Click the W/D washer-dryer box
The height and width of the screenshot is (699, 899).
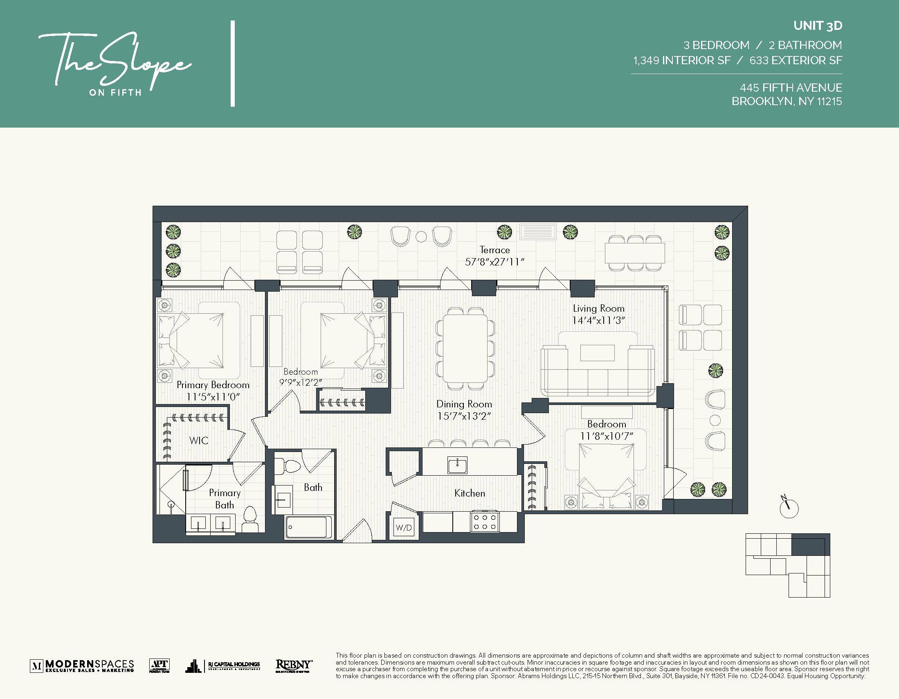[x=403, y=527]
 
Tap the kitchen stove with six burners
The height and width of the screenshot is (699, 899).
[x=485, y=521]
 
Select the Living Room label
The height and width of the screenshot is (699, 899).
[x=598, y=308]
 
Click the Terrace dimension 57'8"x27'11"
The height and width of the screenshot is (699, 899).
[x=494, y=262]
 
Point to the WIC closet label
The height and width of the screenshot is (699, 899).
[x=199, y=441]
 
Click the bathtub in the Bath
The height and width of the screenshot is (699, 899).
[x=309, y=527]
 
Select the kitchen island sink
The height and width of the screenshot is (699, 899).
[x=457, y=465]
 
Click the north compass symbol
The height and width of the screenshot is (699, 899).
[x=789, y=508]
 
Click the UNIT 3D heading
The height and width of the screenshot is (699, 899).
[x=818, y=26]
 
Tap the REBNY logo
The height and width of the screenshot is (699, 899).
[x=294, y=665]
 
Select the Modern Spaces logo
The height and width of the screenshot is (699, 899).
[x=82, y=665]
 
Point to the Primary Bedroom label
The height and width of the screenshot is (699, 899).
[x=213, y=385]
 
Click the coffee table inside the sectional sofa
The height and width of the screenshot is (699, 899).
[x=597, y=353]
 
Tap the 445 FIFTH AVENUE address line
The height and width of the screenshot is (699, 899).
[x=791, y=88]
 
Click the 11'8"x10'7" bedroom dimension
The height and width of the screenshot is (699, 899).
[x=606, y=436]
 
